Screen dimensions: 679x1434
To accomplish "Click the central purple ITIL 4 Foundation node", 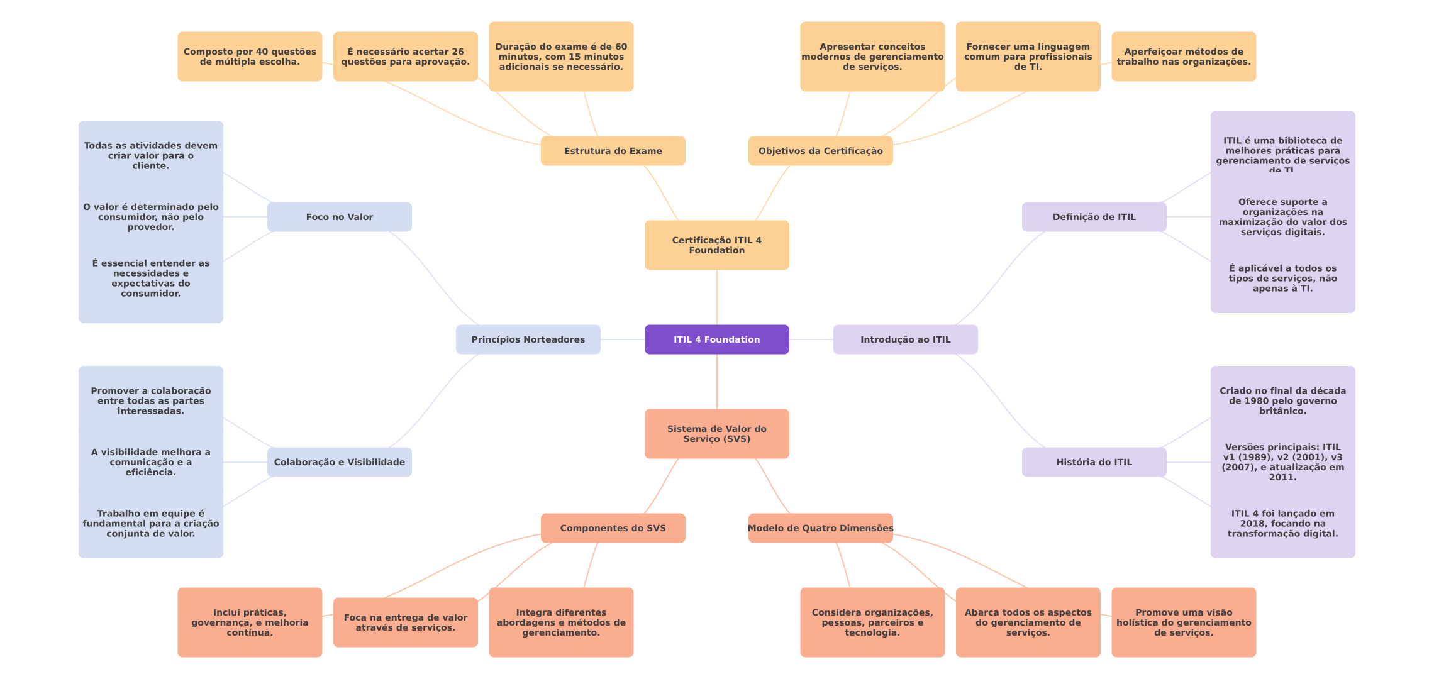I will [716, 339].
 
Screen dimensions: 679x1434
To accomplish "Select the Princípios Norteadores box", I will [528, 339].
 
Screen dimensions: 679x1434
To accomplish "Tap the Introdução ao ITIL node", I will [905, 339].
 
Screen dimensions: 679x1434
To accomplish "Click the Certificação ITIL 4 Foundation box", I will [716, 245].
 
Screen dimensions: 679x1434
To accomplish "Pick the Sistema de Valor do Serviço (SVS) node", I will [716, 434].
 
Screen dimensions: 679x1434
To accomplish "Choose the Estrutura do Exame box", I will [613, 151].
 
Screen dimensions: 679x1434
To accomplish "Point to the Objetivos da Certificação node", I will [820, 151].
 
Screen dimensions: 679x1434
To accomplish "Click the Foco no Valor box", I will [339, 217].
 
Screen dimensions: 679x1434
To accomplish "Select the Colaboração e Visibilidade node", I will [339, 462].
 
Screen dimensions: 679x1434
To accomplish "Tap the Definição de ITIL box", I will [1094, 217].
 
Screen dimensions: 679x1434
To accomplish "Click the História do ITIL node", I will [1094, 462].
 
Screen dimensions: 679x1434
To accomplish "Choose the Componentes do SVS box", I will [613, 528].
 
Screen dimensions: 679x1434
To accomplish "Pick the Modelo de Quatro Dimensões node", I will [820, 528].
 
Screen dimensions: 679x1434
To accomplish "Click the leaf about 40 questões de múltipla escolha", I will [250, 57].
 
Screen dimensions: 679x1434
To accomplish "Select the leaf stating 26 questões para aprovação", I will [405, 57].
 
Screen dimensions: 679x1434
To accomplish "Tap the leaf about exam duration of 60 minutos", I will [561, 57].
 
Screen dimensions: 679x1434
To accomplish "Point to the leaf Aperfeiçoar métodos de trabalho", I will [1183, 57].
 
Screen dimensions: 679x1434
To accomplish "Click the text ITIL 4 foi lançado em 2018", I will [1282, 523].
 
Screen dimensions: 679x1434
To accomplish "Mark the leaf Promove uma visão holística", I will [1183, 622].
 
